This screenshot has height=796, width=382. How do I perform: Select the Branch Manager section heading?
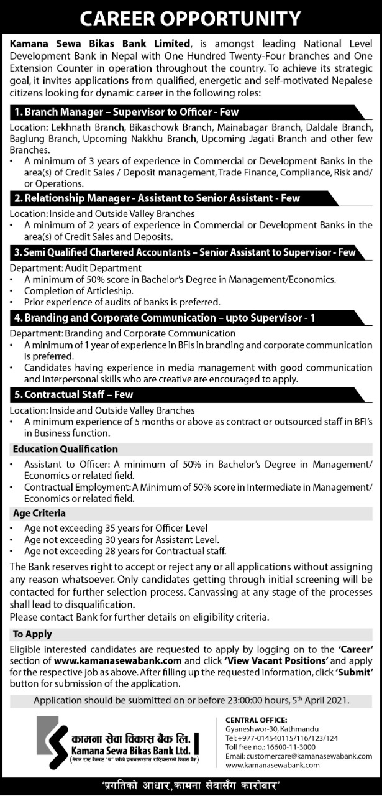tap(127, 113)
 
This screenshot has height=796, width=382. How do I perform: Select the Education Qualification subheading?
tap(65, 448)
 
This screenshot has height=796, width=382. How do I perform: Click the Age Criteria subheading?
tap(39, 514)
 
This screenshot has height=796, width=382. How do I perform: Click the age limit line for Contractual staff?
tap(125, 550)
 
